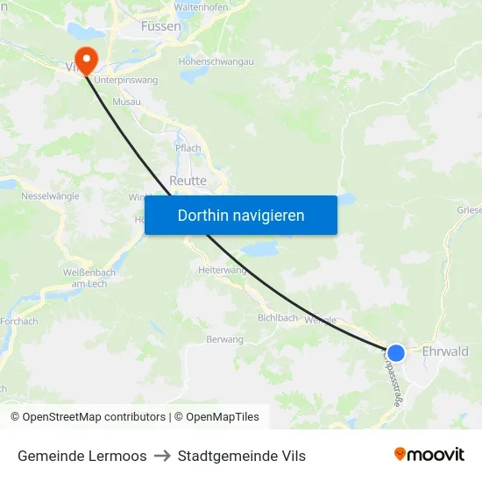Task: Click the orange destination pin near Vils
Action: pos(86,58)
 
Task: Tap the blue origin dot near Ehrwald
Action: pos(396,352)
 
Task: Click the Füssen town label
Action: pos(161,26)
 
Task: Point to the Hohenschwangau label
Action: pos(216,62)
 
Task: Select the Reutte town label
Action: pos(188,181)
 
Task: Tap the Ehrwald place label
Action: pos(445,351)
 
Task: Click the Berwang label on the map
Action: pos(224,339)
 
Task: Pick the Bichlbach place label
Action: pos(277,318)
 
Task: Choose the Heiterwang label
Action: pos(223,271)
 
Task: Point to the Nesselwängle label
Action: pos(51,195)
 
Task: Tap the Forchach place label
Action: pos(18,322)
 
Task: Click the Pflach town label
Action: pos(188,148)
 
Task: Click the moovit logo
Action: pos(429,454)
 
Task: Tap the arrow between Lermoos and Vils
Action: pos(162,456)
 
